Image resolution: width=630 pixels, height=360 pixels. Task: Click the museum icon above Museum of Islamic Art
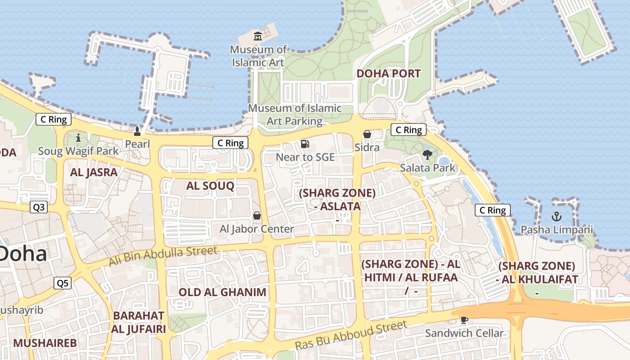coord(258,36)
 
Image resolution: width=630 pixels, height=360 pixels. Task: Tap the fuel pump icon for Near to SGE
coord(305,144)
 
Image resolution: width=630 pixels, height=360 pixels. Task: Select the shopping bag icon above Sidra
coord(367,134)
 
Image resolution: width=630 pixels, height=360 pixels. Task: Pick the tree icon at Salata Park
coord(427,155)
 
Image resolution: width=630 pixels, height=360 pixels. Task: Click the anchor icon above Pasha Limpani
coord(557,216)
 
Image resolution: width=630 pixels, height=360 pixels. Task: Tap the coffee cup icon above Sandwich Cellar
coord(464,320)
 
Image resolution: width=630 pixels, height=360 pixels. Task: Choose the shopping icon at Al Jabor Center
coord(257,216)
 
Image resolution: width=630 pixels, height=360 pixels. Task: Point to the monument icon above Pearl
coord(137,131)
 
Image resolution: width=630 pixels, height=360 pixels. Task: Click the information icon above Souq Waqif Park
coord(78,138)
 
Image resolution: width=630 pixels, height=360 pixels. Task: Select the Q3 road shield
coord(39,207)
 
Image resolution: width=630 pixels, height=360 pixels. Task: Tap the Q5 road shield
coord(63,283)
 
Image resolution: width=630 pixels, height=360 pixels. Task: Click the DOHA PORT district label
coord(388,73)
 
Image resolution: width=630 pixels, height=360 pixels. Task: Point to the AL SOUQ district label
coord(210,185)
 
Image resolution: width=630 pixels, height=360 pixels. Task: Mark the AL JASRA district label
coord(94,172)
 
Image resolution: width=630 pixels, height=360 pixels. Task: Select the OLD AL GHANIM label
coord(222,292)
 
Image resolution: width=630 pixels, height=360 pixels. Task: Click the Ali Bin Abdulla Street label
coord(163,255)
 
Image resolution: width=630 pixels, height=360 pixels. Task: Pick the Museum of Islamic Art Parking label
coord(295,114)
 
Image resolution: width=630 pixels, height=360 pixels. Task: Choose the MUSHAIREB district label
coord(45,343)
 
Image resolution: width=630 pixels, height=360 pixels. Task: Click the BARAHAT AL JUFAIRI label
coord(139,322)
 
